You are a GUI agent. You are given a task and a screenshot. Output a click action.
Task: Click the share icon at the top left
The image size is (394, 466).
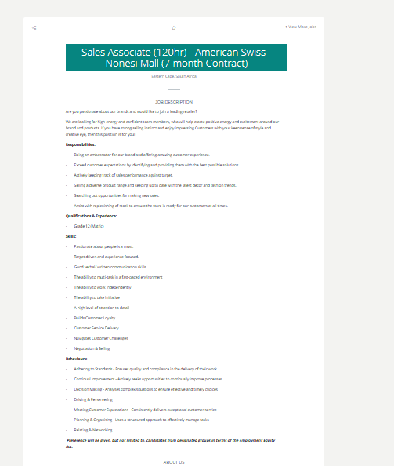(x=34, y=27)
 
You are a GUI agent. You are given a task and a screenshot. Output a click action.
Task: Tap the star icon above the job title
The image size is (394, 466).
(x=173, y=27)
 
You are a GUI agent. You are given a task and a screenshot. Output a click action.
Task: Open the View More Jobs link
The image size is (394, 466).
(x=300, y=27)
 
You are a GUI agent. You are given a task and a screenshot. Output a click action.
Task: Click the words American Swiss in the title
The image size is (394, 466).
(x=233, y=52)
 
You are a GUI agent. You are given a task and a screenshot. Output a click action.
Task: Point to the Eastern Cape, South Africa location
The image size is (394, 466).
(x=173, y=76)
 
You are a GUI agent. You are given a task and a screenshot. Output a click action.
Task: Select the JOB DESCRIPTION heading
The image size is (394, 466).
(x=173, y=102)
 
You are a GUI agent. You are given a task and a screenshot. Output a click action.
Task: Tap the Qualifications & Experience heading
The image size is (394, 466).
(x=91, y=215)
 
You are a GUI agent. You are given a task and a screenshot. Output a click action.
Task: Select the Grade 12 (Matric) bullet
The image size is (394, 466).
(x=89, y=225)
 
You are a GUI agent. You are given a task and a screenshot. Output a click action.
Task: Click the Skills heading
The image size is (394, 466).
(x=71, y=235)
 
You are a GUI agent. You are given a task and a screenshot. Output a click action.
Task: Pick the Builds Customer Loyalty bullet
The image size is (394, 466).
(x=94, y=318)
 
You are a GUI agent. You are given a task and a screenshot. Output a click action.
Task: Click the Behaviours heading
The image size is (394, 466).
(x=76, y=359)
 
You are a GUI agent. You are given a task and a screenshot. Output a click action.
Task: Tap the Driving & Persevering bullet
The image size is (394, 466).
(x=93, y=399)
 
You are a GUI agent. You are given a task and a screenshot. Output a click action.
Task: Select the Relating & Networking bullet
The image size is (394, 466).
(x=93, y=430)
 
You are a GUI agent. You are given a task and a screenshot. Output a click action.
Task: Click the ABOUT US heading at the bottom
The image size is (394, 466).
(x=174, y=462)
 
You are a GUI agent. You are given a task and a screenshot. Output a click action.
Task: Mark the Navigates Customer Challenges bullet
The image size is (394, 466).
(x=101, y=338)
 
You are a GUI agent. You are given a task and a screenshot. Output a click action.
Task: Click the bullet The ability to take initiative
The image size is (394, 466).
(x=99, y=297)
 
